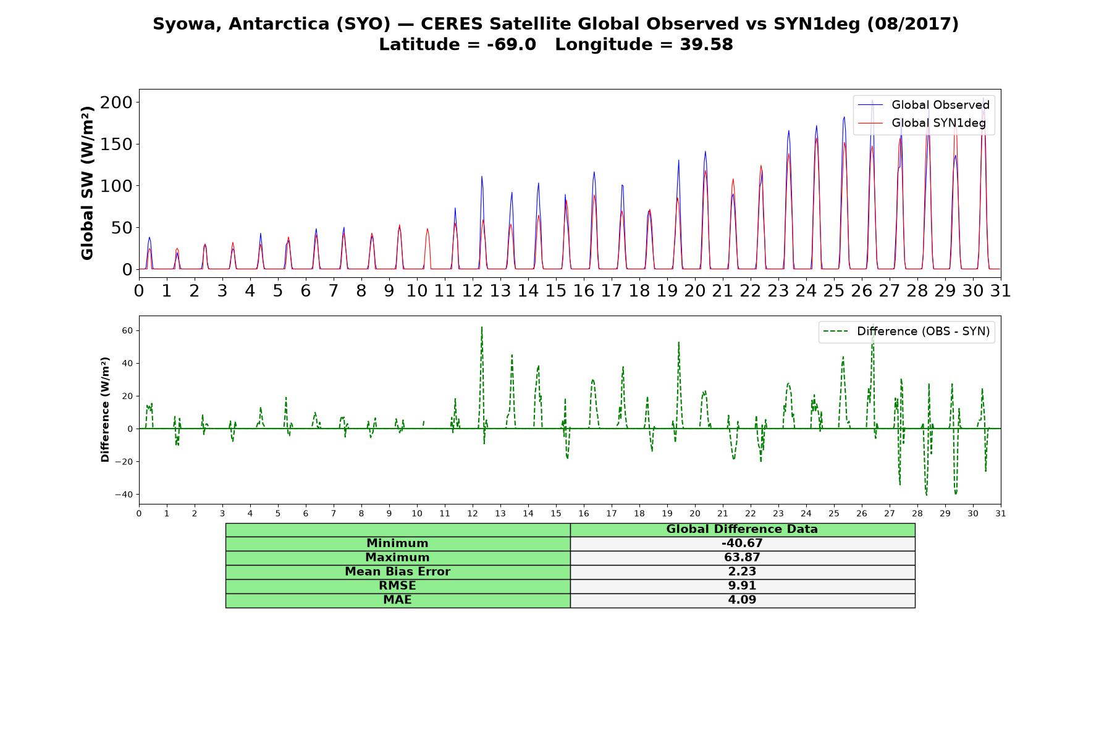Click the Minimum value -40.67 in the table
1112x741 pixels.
click(742, 543)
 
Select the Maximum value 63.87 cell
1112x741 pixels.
click(742, 558)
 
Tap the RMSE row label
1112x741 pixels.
click(397, 586)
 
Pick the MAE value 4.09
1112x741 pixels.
click(742, 600)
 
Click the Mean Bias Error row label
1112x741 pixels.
click(397, 572)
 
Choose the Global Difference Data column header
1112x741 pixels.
click(742, 529)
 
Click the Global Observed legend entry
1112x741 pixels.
click(924, 105)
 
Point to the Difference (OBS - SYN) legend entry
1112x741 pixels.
click(907, 332)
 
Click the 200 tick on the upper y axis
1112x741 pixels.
click(116, 102)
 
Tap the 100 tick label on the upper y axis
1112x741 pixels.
click(116, 186)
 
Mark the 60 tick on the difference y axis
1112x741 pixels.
click(127, 330)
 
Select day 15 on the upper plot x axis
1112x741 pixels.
click(556, 290)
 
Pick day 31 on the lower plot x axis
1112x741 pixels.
click(1001, 514)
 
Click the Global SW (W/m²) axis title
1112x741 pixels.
click(87, 183)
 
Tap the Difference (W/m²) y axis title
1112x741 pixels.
click(105, 409)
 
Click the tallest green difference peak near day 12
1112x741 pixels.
click(481, 327)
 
